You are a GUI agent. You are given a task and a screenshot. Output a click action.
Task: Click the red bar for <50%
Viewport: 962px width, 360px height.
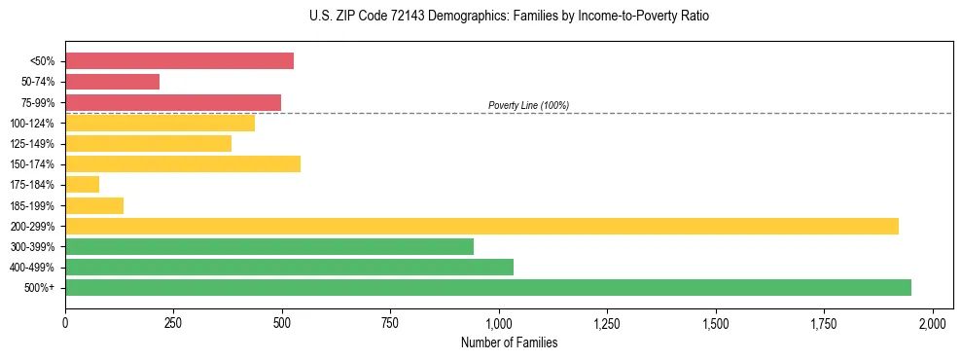point(179,61)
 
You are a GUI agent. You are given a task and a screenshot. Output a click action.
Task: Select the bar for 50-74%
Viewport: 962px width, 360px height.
point(112,82)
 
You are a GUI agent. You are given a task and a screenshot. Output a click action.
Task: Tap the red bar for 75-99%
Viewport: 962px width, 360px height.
point(173,102)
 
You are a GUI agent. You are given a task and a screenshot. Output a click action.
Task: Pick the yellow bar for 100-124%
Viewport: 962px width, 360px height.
point(160,124)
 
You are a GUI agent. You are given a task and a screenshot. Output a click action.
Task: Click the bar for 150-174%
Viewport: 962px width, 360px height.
point(183,164)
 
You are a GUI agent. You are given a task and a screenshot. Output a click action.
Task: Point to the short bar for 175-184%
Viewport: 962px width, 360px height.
point(82,185)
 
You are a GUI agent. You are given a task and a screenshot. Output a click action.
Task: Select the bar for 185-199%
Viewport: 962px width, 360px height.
point(94,205)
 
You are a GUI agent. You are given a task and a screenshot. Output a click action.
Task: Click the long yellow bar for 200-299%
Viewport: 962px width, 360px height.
point(481,226)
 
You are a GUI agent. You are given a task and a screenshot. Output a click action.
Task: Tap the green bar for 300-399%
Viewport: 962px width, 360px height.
point(269,246)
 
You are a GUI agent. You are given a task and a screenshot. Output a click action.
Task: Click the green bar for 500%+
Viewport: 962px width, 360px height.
point(488,287)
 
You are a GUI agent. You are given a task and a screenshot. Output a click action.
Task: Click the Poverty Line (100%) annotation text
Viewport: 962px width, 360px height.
point(528,105)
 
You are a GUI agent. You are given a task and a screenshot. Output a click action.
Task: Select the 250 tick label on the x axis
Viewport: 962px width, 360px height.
point(173,322)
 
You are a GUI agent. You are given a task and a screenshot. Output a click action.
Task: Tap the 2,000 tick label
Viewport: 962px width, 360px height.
point(932,322)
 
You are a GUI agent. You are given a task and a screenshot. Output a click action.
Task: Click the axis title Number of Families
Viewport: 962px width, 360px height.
point(509,342)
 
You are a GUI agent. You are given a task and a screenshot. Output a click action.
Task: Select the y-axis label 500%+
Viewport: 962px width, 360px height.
point(39,288)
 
